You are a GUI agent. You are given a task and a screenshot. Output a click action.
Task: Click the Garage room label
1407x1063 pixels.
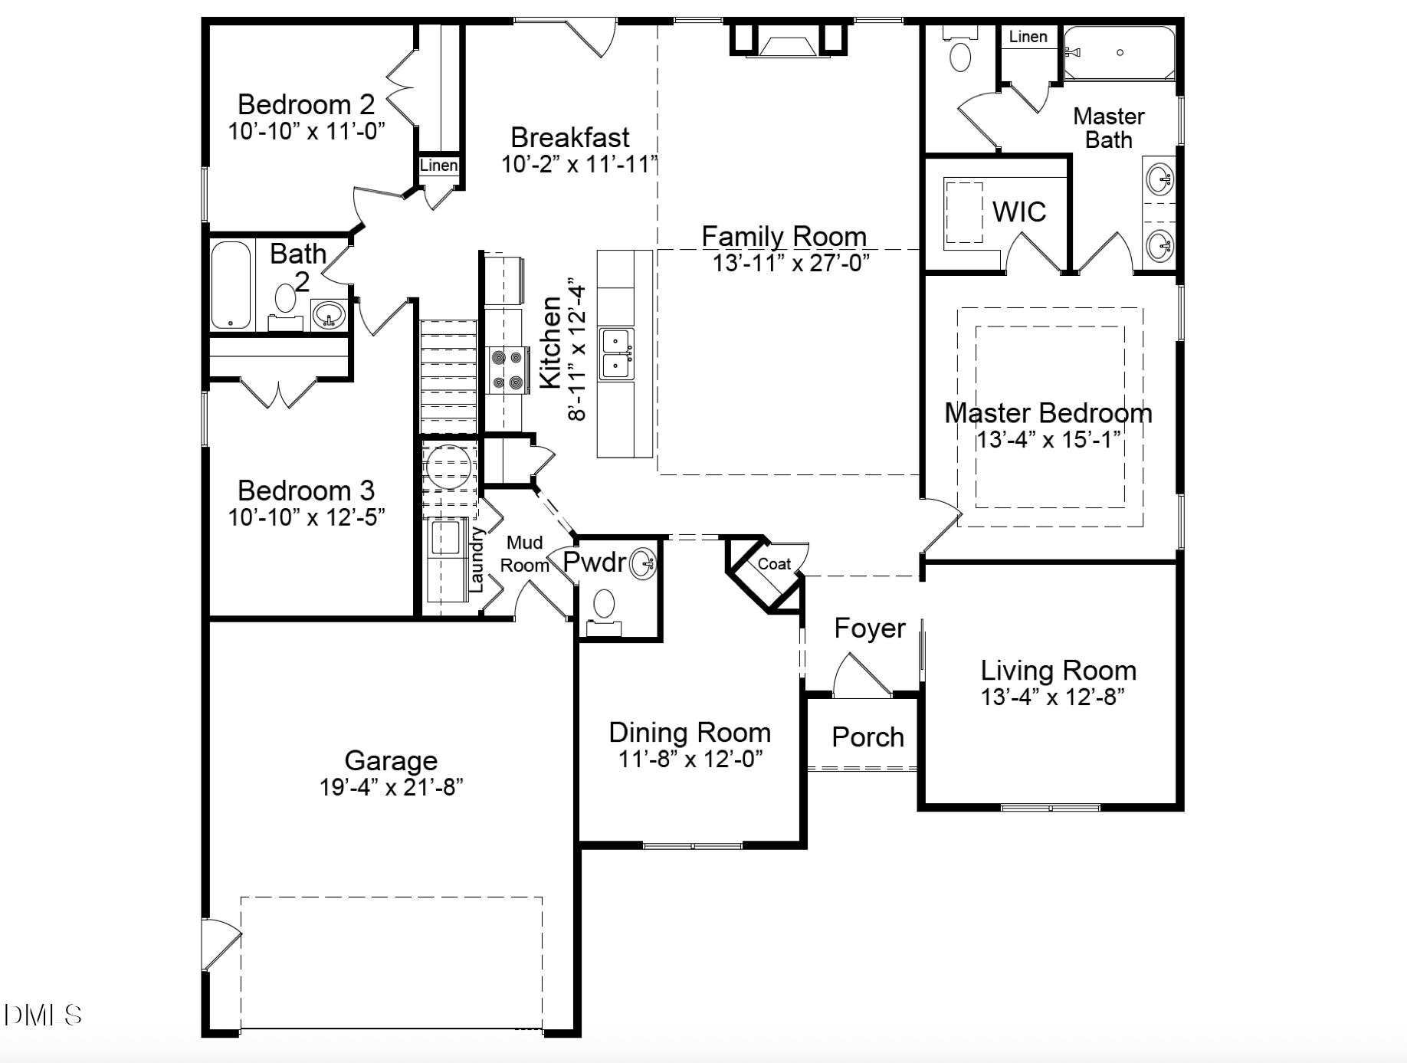tap(391, 760)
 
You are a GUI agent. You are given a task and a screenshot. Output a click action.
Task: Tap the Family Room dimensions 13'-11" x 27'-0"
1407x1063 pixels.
tap(791, 264)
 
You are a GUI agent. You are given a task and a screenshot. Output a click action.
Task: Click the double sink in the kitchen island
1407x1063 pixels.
tap(616, 353)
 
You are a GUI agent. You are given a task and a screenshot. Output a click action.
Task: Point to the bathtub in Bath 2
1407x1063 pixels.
tap(231, 286)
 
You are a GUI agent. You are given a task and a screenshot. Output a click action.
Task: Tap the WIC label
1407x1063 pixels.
tap(1018, 212)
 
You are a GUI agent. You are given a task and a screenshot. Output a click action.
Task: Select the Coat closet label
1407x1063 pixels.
tap(774, 564)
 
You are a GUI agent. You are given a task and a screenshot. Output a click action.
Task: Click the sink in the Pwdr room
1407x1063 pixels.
tap(642, 564)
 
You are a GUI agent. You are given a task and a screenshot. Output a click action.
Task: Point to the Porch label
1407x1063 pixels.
tap(867, 737)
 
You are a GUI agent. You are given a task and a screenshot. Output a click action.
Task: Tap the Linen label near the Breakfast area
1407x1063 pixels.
tap(438, 166)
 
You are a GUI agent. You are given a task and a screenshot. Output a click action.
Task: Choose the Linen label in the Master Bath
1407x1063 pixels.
tap(1028, 37)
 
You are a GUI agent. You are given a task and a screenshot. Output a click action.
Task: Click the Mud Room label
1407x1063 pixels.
tap(525, 553)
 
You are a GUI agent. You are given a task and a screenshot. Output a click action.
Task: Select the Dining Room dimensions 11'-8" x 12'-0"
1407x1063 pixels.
tap(690, 760)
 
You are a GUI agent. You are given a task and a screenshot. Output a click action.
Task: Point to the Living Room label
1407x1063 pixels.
tap(1058, 671)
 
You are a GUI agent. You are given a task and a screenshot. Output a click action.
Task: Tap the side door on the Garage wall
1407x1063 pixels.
tap(221, 943)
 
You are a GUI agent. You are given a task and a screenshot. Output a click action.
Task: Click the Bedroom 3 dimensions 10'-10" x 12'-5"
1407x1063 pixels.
tap(307, 517)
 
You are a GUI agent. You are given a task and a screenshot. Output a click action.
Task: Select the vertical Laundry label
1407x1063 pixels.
tap(476, 559)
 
